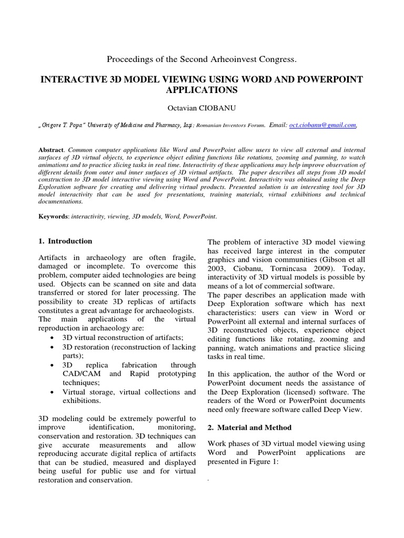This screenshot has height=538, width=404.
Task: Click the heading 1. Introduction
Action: [65, 241]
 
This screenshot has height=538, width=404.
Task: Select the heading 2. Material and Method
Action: [249, 428]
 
